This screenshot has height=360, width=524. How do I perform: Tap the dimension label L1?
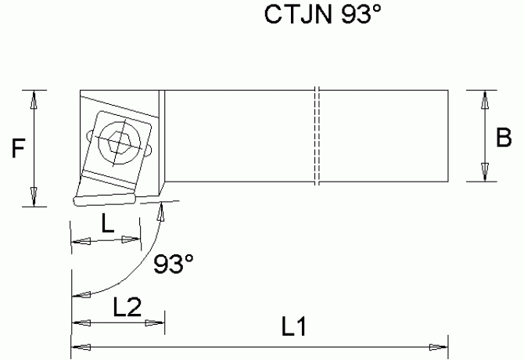[292, 329]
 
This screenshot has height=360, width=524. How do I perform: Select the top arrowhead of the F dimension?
[33, 98]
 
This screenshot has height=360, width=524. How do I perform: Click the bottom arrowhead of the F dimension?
[33, 199]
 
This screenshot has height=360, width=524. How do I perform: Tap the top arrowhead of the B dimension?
[485, 98]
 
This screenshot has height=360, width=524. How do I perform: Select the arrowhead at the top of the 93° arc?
[161, 208]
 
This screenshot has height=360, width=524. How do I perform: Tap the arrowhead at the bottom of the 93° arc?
[77, 296]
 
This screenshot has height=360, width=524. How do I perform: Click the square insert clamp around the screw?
[117, 146]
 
